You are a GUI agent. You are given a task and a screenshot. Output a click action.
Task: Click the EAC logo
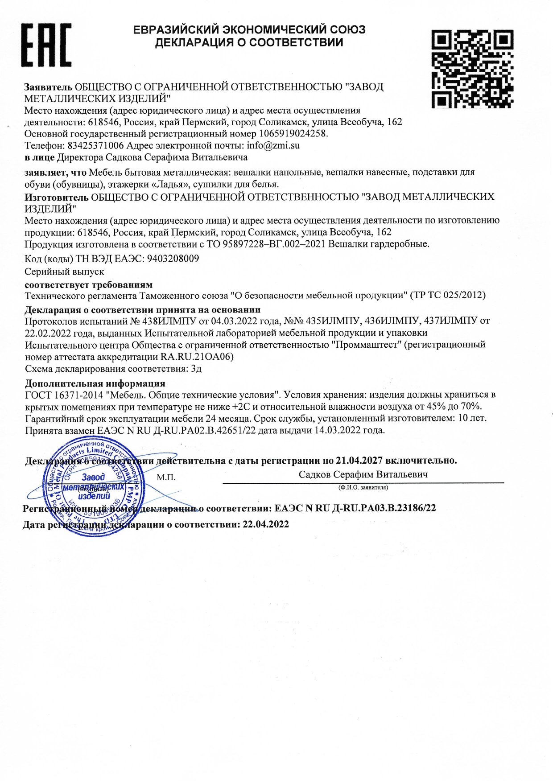(x=46, y=45)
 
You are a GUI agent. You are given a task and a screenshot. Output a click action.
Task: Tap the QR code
(x=472, y=69)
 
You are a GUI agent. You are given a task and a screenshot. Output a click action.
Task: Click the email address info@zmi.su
(x=273, y=145)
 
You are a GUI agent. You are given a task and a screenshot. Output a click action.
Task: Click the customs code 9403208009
(x=173, y=259)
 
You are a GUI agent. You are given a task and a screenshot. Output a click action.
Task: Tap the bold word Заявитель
(x=48, y=86)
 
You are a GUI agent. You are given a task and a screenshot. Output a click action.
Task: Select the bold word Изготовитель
(x=56, y=197)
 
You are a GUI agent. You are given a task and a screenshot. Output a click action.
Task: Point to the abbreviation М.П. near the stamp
(x=166, y=477)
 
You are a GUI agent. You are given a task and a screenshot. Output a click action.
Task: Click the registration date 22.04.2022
(x=265, y=524)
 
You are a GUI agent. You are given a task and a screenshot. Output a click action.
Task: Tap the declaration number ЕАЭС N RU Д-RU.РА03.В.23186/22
(x=355, y=508)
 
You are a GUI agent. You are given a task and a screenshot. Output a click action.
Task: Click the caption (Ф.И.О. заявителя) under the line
(x=363, y=487)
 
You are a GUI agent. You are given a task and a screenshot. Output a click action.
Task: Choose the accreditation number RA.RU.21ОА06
(x=196, y=357)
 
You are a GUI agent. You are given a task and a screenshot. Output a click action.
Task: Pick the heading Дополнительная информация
(x=95, y=383)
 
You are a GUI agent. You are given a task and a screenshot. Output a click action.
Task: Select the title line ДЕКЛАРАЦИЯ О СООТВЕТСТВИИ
(x=249, y=43)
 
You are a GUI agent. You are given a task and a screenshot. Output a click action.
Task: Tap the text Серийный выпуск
(x=64, y=272)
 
